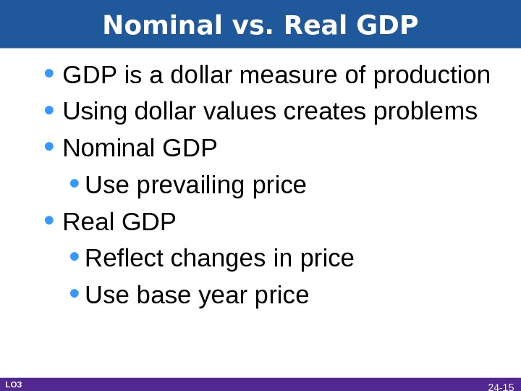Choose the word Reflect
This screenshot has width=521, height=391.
pyautogui.click(x=123, y=258)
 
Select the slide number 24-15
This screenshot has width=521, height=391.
pyautogui.click(x=500, y=387)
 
